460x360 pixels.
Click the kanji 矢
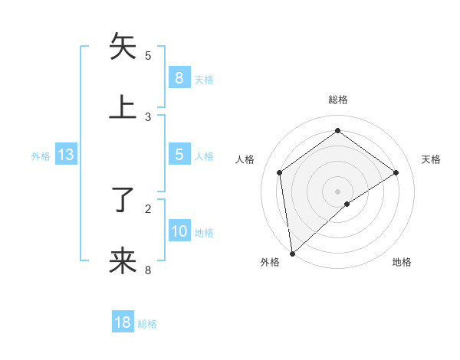pos(123,47)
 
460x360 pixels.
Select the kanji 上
pos(123,107)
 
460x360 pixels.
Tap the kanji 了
pos(123,201)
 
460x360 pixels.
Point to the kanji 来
pos(123,260)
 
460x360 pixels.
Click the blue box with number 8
pos(179,77)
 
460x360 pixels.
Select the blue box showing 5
pos(179,155)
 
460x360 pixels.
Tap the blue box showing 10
pos(179,231)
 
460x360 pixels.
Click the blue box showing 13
pos(66,155)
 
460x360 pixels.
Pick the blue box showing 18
pos(123,322)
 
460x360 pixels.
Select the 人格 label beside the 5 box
pos(204,156)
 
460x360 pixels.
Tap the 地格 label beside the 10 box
pos(204,233)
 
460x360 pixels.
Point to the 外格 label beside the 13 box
pos(41,156)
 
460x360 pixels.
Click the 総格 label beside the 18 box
pos(147,324)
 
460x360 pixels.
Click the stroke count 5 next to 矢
pos(148,56)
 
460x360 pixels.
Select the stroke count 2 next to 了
pos(148,208)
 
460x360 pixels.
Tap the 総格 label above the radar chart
pos(337,100)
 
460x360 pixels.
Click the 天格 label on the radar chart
pos(431,159)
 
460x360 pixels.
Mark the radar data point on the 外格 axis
pos(291,254)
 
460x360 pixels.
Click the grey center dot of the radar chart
pos(337,191)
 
